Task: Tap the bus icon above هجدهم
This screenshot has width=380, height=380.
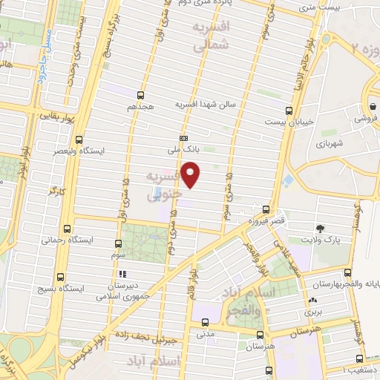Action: [x=140, y=94]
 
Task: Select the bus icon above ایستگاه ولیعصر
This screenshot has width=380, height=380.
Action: [x=79, y=139]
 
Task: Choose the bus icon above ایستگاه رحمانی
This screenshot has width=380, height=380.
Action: [x=68, y=229]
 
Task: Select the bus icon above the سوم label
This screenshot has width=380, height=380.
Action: [x=118, y=243]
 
